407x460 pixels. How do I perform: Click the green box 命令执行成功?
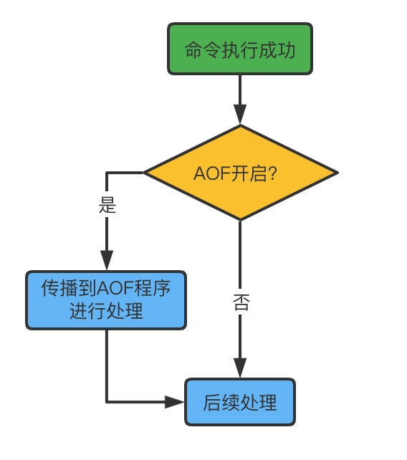[240, 49]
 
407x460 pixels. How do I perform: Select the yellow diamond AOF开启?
[240, 173]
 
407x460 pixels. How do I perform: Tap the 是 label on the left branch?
[107, 205]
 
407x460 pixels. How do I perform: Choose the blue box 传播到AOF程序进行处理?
[106, 300]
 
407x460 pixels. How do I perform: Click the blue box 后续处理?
[240, 402]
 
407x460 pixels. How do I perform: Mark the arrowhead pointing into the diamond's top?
[240, 115]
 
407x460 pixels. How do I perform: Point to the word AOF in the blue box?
[112, 289]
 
